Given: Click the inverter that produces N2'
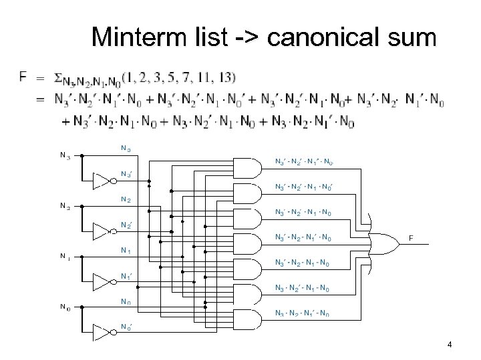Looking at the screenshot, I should (x=101, y=231).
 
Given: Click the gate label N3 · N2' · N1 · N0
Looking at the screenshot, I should (x=301, y=287).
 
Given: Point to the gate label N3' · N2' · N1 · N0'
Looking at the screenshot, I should (x=303, y=187).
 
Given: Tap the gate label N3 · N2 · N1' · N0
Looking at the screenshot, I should (x=301, y=313).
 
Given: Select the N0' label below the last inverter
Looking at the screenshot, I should (x=126, y=326).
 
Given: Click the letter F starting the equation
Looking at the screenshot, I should (x=24, y=77).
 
